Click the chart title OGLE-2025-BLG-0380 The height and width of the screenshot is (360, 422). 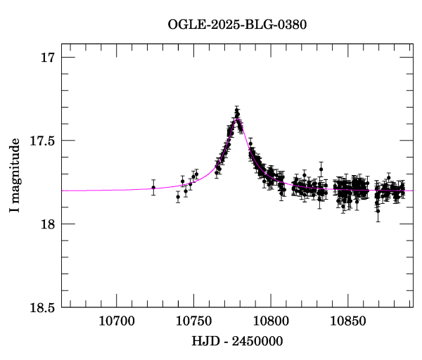(x=237, y=24)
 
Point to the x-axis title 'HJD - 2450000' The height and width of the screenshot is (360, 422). (x=237, y=341)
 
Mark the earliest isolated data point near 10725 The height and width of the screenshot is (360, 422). (x=153, y=187)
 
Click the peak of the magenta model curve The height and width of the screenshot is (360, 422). (x=238, y=118)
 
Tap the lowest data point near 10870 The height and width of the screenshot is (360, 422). (x=378, y=210)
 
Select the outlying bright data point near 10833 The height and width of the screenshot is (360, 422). (x=321, y=169)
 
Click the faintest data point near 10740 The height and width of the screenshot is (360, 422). (x=178, y=197)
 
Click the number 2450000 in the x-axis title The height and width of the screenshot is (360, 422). (x=257, y=341)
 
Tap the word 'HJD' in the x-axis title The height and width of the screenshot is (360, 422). (x=203, y=341)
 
